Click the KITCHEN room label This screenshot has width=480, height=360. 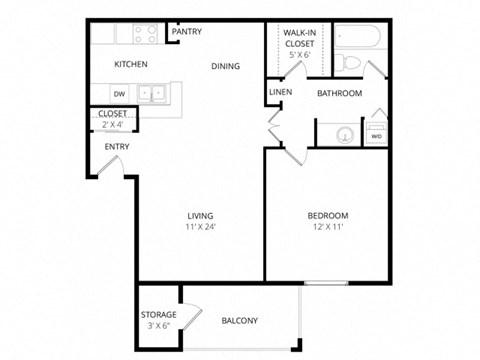pyautogui.click(x=131, y=65)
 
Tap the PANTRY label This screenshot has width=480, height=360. pyautogui.click(x=187, y=32)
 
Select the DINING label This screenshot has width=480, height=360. pyautogui.click(x=226, y=67)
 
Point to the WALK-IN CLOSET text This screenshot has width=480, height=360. pyautogui.click(x=300, y=38)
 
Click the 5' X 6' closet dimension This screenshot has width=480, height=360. pyautogui.click(x=300, y=55)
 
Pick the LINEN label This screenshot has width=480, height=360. pyautogui.click(x=280, y=93)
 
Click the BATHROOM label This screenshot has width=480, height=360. pyautogui.click(x=339, y=94)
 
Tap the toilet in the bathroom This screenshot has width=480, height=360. pyautogui.click(x=349, y=63)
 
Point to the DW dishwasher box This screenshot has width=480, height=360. pyautogui.click(x=118, y=94)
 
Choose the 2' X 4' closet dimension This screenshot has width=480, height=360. pyautogui.click(x=113, y=125)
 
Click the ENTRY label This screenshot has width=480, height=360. pyautogui.click(x=117, y=147)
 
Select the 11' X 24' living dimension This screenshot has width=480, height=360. pyautogui.click(x=201, y=228)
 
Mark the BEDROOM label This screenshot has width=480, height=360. pyautogui.click(x=327, y=216)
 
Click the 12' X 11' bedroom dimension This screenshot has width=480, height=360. pyautogui.click(x=327, y=228)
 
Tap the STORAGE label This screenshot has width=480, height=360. pyautogui.click(x=158, y=315)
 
